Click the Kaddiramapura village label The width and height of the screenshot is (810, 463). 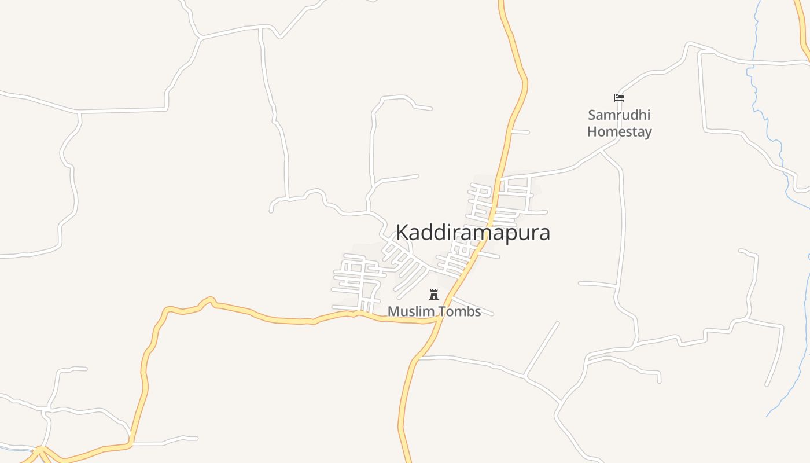click(x=473, y=233)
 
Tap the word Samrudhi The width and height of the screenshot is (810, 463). click(x=619, y=115)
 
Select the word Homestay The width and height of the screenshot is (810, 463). click(x=619, y=132)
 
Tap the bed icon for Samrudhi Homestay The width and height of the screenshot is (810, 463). click(x=619, y=98)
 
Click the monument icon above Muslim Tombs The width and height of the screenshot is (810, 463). click(x=434, y=295)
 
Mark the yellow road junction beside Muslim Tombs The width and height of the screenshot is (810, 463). click(x=437, y=318)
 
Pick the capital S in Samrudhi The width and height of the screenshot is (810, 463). click(x=592, y=115)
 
